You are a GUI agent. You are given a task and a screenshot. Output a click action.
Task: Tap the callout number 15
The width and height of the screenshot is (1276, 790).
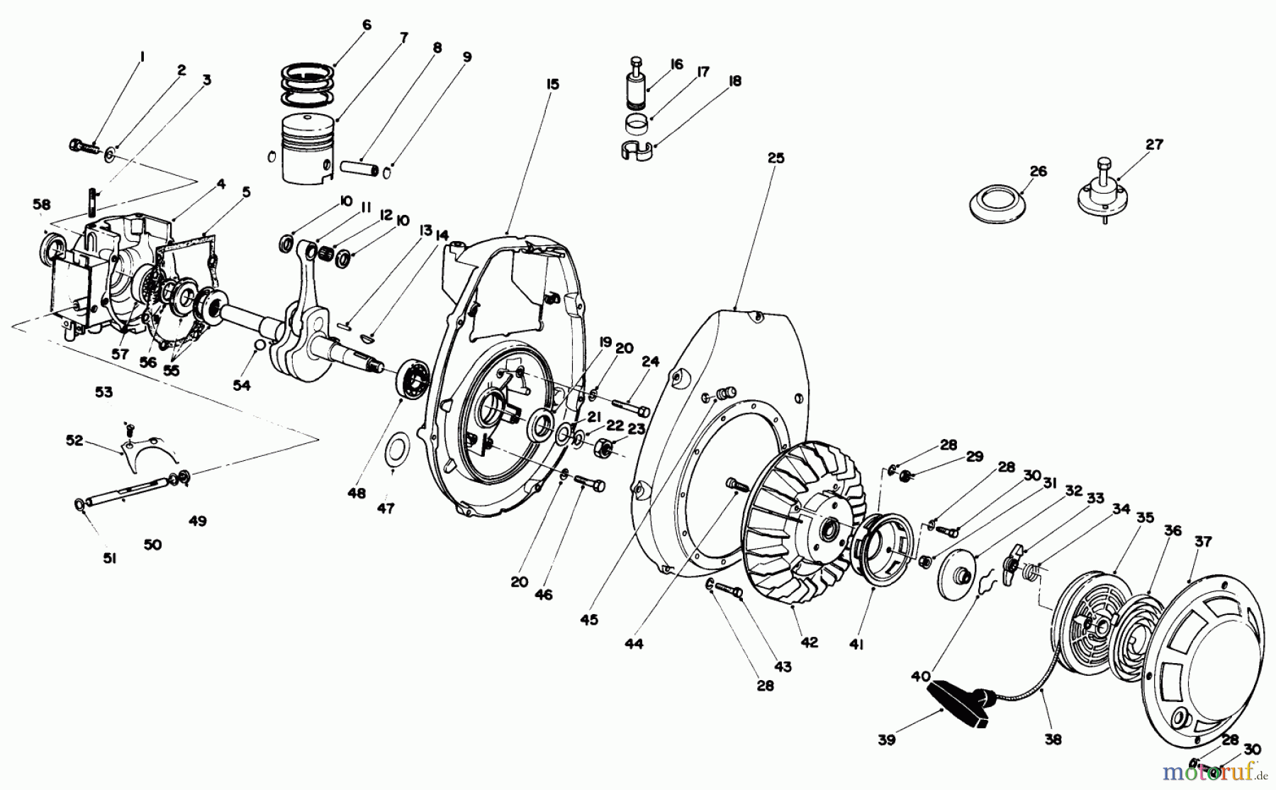(x=553, y=84)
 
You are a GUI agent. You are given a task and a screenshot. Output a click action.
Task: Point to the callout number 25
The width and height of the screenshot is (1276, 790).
(x=776, y=158)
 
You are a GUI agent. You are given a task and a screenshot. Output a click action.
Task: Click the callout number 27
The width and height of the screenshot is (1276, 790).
(x=1155, y=145)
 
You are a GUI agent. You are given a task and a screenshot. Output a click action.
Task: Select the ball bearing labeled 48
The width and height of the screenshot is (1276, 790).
(x=413, y=379)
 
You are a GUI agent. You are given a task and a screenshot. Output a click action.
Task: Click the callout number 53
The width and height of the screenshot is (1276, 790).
(x=104, y=391)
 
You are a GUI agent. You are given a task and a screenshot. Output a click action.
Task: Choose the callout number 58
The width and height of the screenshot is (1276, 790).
(x=41, y=204)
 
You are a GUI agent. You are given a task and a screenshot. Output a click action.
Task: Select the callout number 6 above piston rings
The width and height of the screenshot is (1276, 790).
(x=366, y=25)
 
